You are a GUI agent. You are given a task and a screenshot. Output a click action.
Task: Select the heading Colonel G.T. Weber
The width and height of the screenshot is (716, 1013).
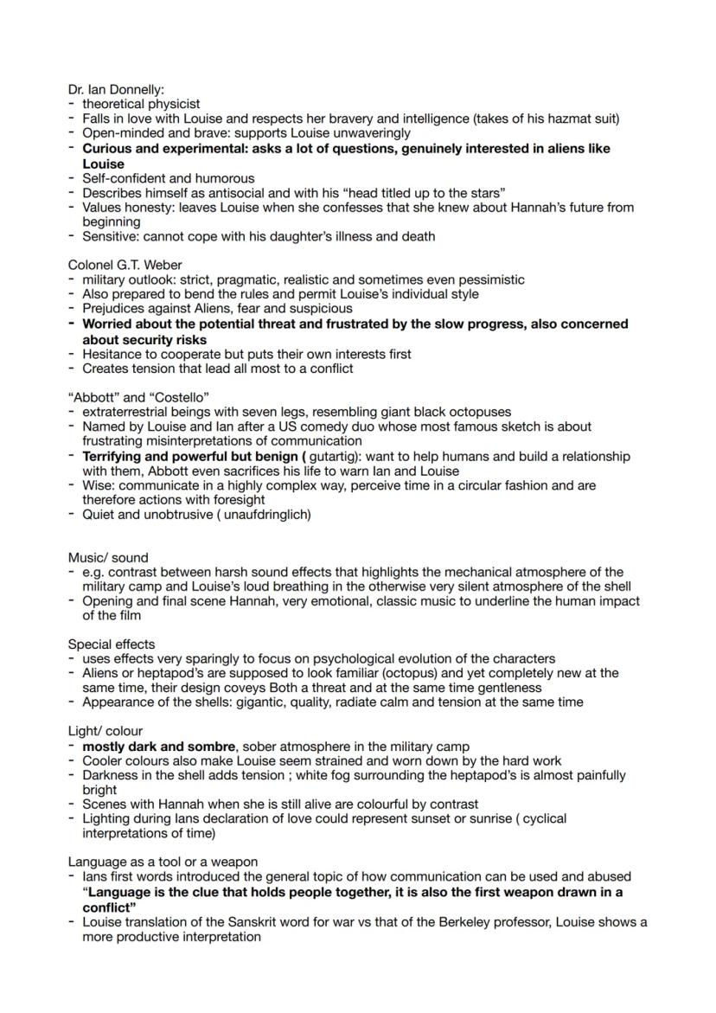click(125, 265)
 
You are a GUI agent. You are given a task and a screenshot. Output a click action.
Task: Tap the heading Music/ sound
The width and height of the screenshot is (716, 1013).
click(108, 558)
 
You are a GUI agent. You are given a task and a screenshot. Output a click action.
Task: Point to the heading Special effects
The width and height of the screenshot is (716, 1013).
click(112, 644)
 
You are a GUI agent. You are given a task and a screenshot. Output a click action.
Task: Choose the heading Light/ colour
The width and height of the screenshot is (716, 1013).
click(105, 731)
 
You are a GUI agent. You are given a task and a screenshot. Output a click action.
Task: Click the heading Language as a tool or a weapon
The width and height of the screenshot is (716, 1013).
click(163, 862)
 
